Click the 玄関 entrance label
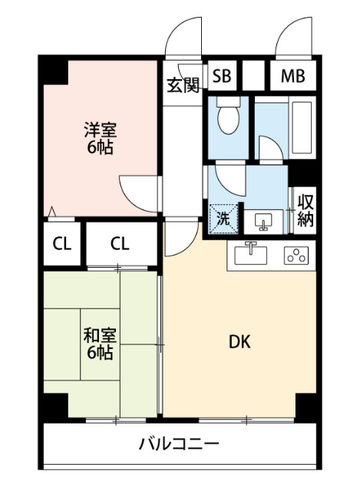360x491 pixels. [x=183, y=85]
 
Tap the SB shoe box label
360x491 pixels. [x=222, y=76]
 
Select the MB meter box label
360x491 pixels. [x=292, y=76]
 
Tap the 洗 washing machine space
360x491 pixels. [x=223, y=219]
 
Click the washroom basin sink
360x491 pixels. [x=263, y=222]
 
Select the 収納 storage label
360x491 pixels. [x=306, y=210]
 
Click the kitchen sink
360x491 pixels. [x=251, y=254]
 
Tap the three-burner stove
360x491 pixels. [x=296, y=255]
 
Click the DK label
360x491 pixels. [x=239, y=342]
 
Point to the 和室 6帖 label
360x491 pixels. [x=100, y=344]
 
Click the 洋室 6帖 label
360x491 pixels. [x=101, y=138]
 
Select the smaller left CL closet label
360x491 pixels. [x=61, y=244]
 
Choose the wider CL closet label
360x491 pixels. [x=120, y=243]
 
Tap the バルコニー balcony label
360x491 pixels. [x=179, y=444]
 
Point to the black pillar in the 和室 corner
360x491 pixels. [x=56, y=406]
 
